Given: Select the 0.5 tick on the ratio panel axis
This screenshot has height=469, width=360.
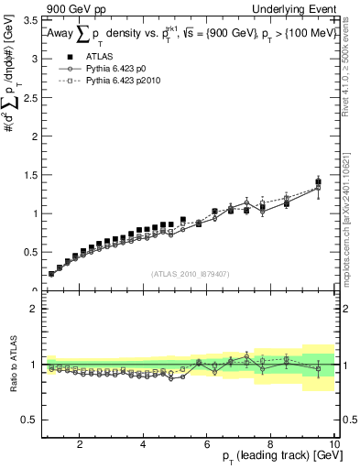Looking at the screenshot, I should [32, 420].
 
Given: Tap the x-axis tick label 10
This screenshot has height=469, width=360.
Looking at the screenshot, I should [333, 445].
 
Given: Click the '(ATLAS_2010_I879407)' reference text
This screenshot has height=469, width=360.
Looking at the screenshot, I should [190, 272].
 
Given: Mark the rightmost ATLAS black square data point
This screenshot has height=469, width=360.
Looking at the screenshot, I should [318, 182].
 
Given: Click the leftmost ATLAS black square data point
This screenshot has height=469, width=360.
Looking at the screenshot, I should [51, 273].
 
